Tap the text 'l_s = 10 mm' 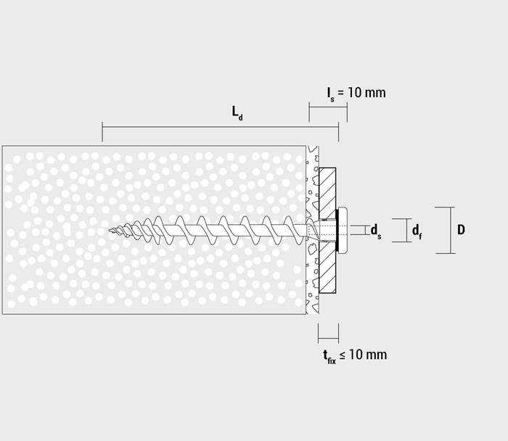point(356,93)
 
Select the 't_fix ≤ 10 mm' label point(354,355)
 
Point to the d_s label point(376,231)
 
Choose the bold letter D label point(461,230)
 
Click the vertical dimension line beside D point(450,230)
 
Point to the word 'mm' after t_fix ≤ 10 point(377,355)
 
